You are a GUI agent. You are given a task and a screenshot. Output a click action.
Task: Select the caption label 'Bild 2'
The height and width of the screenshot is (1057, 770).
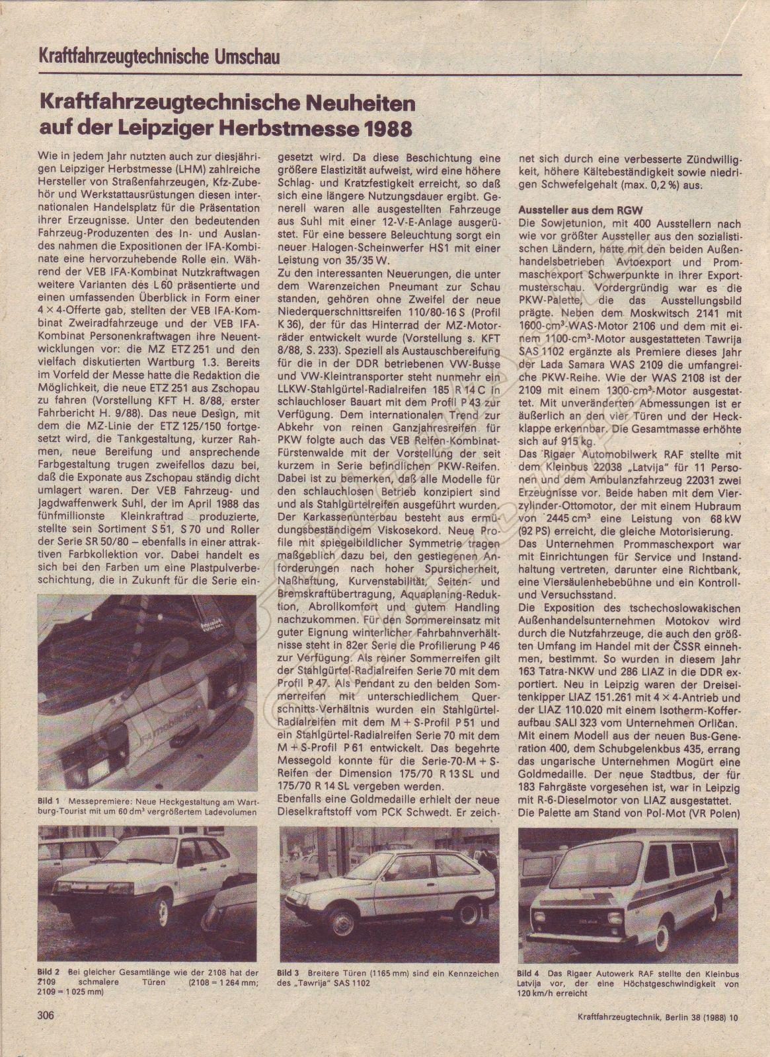[x=49, y=972]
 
